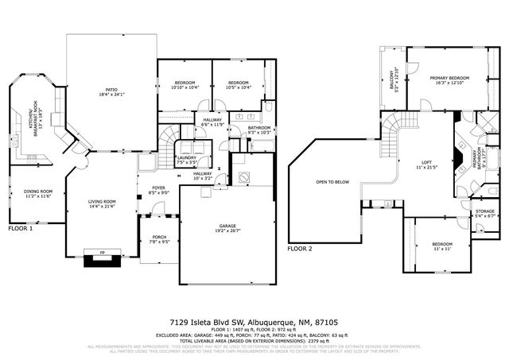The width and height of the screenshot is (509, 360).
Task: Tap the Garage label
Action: (227, 228)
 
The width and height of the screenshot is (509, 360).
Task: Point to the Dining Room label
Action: (38, 193)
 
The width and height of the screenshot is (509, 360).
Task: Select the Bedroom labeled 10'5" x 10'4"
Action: (239, 84)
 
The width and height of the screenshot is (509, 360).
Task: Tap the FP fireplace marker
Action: (101, 254)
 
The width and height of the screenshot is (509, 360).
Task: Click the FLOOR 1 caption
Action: (21, 229)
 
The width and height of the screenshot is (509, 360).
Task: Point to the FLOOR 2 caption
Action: (301, 249)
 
